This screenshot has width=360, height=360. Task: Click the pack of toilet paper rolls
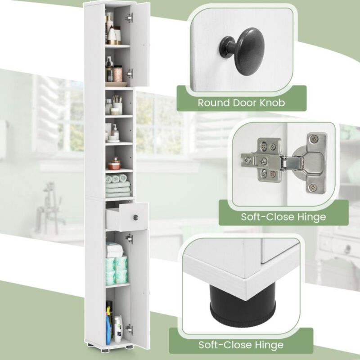[116, 270]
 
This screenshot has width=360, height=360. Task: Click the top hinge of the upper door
[130, 18]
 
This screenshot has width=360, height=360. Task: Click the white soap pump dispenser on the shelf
[116, 133]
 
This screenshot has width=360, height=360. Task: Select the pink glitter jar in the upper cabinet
[118, 73]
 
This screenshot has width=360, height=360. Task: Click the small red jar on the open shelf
[116, 162]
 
